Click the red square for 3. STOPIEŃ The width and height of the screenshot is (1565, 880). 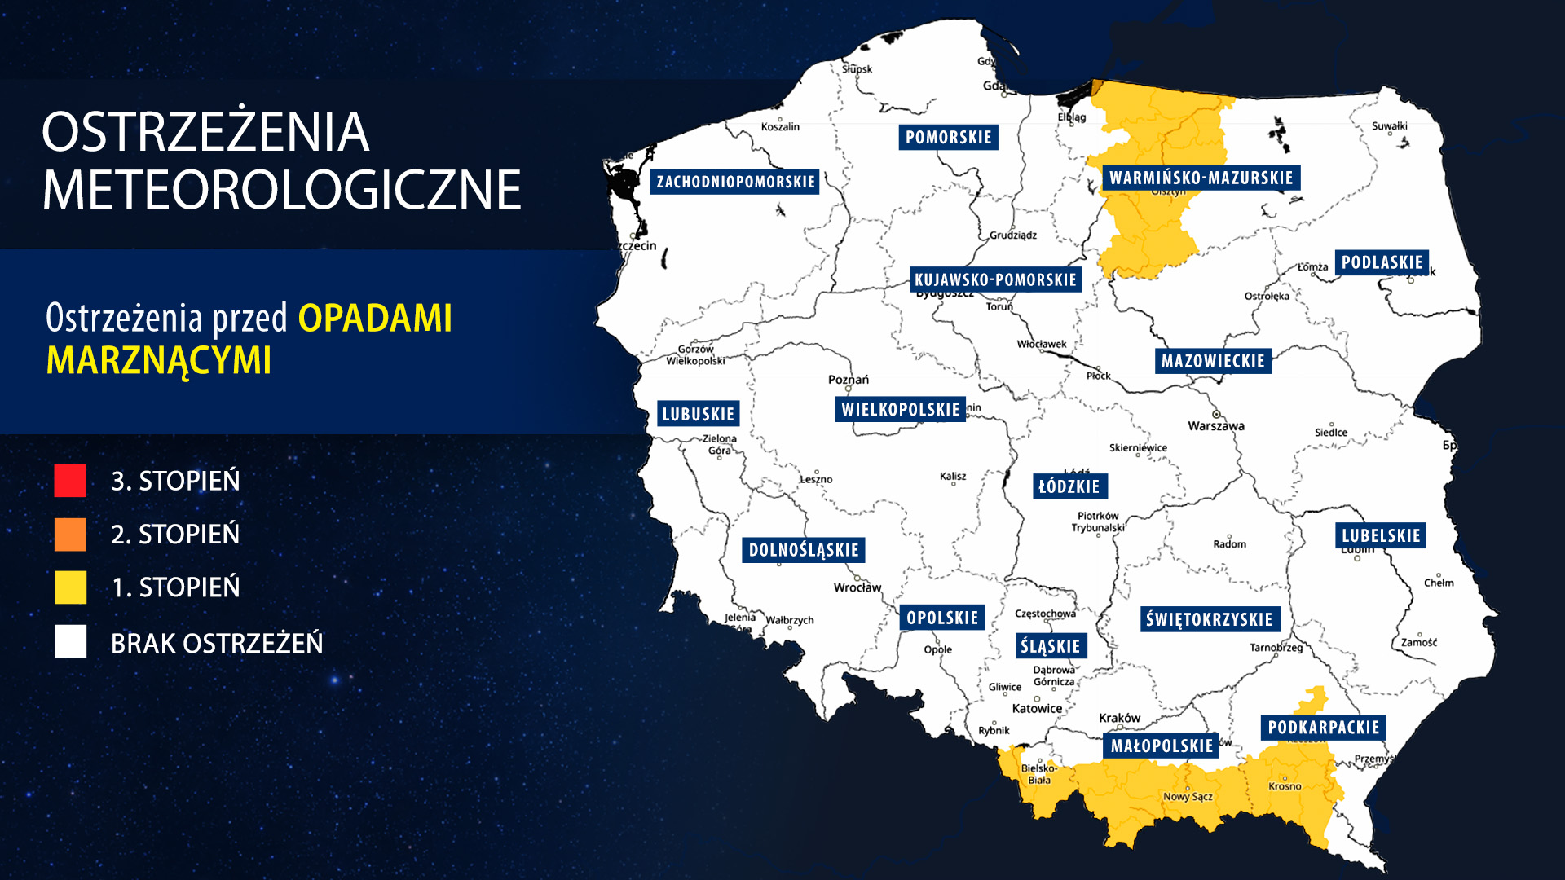tap(70, 481)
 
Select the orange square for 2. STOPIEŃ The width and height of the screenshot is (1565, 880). tap(70, 535)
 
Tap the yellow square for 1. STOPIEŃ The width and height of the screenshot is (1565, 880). tap(70, 587)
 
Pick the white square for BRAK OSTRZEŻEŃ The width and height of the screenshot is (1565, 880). tap(70, 642)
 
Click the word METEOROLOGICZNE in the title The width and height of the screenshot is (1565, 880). tap(281, 190)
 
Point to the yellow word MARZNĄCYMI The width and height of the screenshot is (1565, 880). tap(159, 360)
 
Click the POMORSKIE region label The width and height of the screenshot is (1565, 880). tap(948, 137)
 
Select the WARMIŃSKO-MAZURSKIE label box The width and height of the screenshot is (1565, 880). tap(1201, 178)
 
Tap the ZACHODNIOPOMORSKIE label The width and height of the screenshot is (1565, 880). tap(735, 181)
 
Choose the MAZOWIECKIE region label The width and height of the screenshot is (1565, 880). tap(1213, 361)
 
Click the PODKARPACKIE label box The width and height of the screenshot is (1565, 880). tap(1323, 728)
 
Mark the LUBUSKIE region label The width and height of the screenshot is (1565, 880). tap(699, 414)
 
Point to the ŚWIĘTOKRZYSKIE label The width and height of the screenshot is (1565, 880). tap(1209, 619)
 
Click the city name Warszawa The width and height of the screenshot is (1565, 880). tap(1216, 426)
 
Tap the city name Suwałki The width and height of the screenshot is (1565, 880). tap(1389, 126)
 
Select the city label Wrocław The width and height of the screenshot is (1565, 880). tap(857, 587)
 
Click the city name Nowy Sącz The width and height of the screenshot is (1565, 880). tap(1188, 797)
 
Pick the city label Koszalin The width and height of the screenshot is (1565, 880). tap(780, 127)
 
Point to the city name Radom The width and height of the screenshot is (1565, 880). tap(1229, 544)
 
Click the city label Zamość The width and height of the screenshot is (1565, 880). tap(1419, 643)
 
